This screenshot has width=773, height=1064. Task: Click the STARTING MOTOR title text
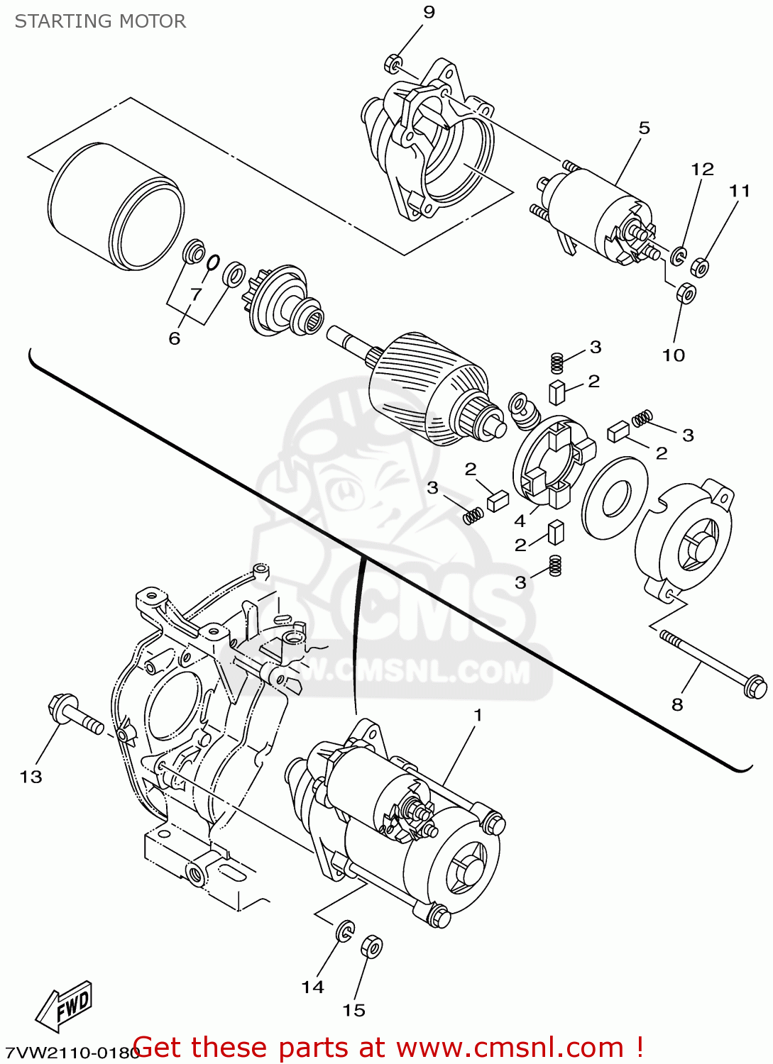[100, 21]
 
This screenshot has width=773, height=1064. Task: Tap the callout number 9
[429, 12]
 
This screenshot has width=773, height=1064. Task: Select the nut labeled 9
[393, 63]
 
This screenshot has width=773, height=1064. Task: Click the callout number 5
[644, 128]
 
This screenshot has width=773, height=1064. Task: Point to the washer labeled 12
[679, 255]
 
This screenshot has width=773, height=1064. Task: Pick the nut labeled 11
[699, 267]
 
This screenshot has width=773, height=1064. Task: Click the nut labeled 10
[686, 292]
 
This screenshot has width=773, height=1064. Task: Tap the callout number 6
[175, 339]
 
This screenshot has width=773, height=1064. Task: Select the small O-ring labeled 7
[212, 263]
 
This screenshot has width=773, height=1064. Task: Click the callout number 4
[520, 521]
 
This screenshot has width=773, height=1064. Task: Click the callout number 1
[478, 715]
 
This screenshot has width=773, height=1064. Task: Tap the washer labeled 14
[344, 931]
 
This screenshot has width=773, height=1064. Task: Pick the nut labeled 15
[371, 946]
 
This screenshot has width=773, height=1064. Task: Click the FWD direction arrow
[65, 1006]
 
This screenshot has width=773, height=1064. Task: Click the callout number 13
[31, 777]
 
